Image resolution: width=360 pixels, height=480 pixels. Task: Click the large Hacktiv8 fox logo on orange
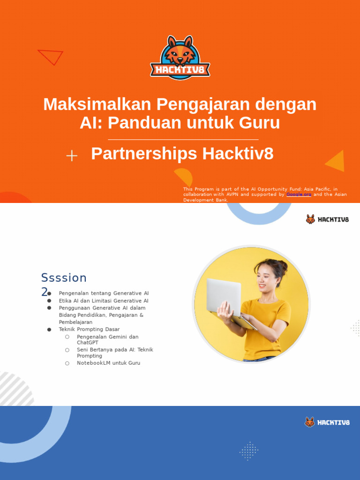[x=180, y=58]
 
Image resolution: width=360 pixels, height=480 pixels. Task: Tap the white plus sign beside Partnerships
[x=72, y=156]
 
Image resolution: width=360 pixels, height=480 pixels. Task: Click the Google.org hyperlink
[x=299, y=194]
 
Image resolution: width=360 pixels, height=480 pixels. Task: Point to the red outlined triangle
[x=51, y=56]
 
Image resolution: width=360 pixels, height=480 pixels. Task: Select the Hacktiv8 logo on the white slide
[x=327, y=219]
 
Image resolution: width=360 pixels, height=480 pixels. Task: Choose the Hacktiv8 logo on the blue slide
[x=327, y=422]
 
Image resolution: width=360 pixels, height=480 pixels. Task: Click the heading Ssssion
[x=64, y=278]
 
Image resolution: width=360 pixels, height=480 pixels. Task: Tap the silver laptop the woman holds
[x=224, y=296]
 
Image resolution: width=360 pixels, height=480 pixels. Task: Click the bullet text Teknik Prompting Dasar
[x=89, y=330]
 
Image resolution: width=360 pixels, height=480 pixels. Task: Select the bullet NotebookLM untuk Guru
[x=108, y=363]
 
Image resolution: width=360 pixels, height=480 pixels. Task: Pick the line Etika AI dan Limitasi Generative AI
[x=104, y=300]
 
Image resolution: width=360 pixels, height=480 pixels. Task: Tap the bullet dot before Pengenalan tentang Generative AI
[x=49, y=293]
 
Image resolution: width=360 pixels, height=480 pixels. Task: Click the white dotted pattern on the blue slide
[x=249, y=451]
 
